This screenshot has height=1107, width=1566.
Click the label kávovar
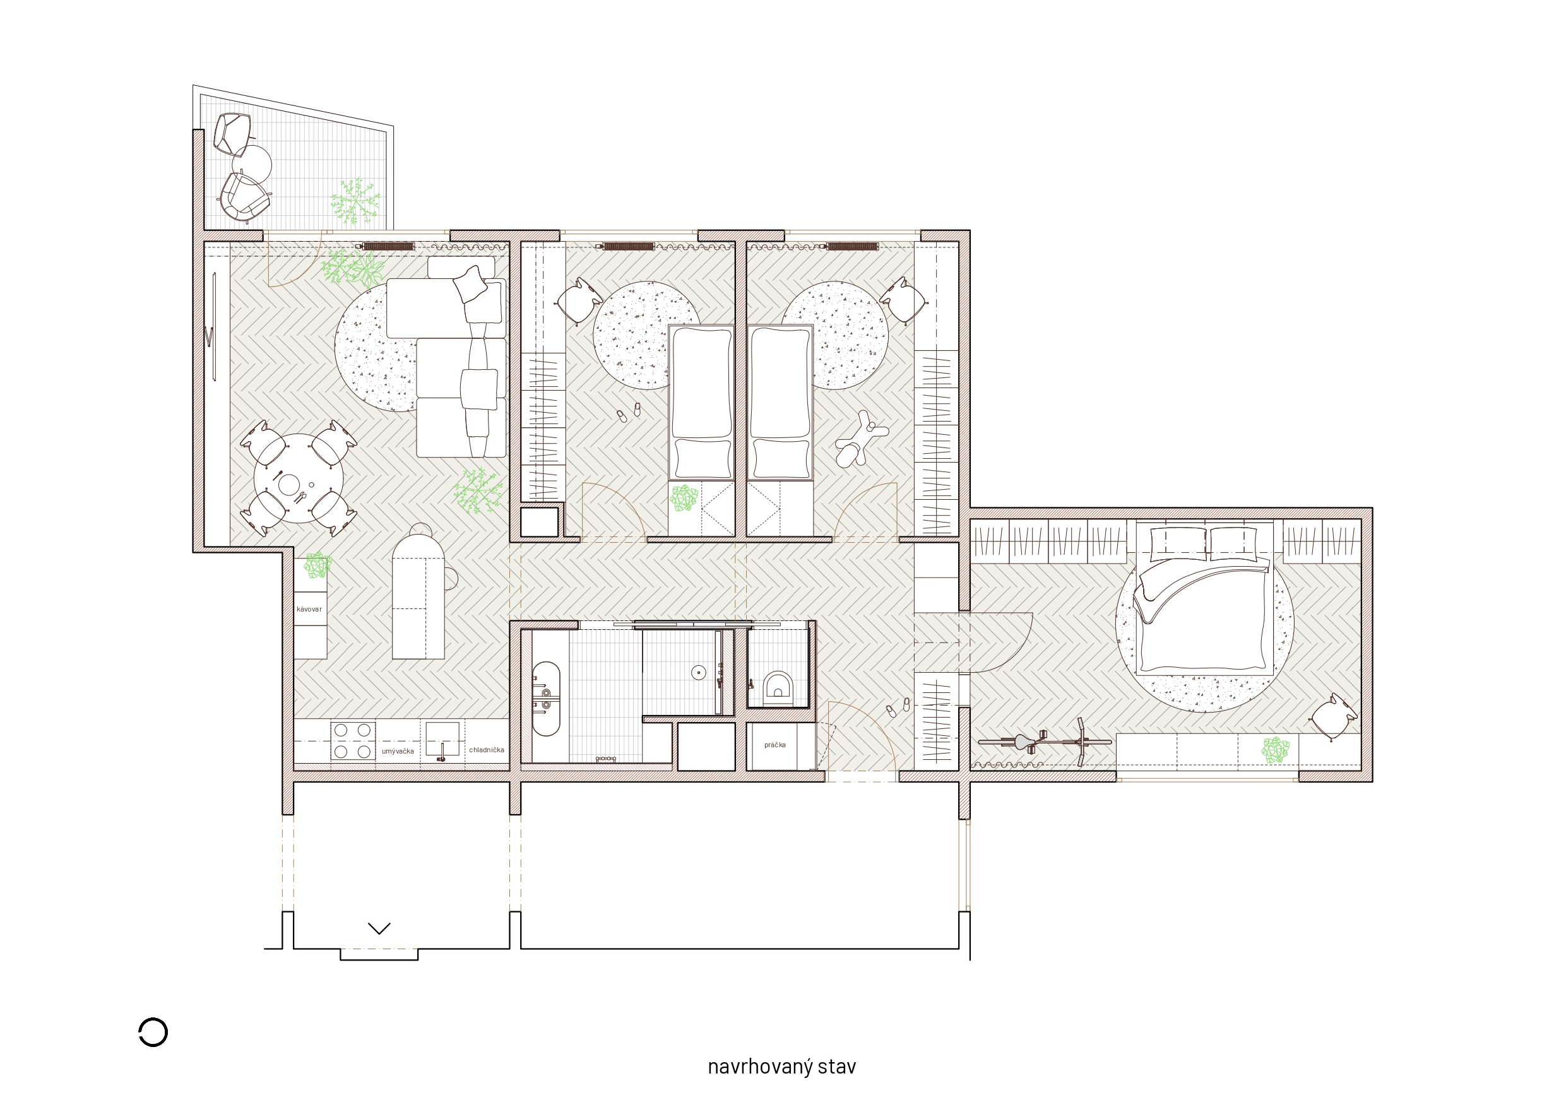[309, 609]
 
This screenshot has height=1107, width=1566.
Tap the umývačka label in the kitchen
[398, 751]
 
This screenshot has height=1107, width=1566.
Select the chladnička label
[486, 750]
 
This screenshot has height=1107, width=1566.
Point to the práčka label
[775, 745]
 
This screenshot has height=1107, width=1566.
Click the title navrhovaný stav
[781, 1067]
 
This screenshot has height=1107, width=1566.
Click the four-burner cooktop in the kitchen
[353, 742]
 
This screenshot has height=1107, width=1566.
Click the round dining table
[298, 478]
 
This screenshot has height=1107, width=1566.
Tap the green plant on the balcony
[355, 201]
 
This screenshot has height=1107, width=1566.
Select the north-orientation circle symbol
[153, 1032]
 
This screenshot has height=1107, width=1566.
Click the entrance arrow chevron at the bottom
[379, 928]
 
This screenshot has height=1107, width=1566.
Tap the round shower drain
[697, 673]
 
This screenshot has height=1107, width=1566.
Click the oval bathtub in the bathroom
[545, 699]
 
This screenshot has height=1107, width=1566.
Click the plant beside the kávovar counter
[317, 565]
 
